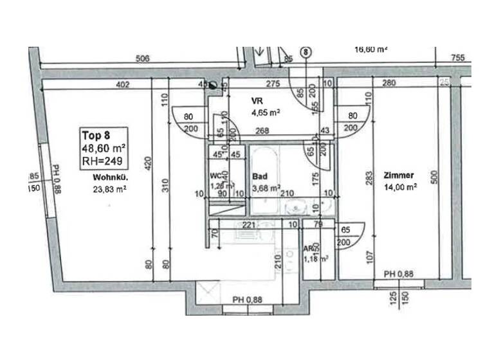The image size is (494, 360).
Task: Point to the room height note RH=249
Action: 101,161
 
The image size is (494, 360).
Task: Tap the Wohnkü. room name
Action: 108,178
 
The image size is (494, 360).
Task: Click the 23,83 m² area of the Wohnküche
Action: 108,189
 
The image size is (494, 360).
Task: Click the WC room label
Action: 216,175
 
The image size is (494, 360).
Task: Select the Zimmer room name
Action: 399,175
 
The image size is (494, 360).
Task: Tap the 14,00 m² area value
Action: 401,188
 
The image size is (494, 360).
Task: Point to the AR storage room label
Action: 309,249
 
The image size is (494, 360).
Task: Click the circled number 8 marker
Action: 306,51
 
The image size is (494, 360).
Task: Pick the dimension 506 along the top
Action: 143,59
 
